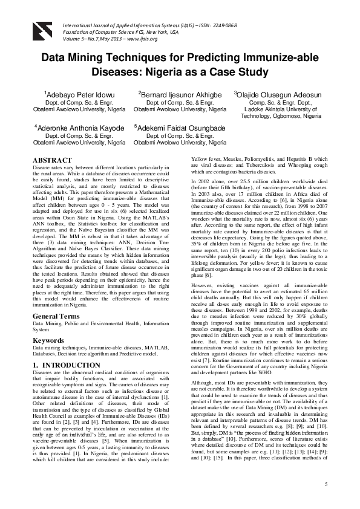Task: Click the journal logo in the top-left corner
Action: pos(41,28)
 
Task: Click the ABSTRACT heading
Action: pos(52,160)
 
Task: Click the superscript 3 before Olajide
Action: pos(235,94)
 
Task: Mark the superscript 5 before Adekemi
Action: pos(136,126)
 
